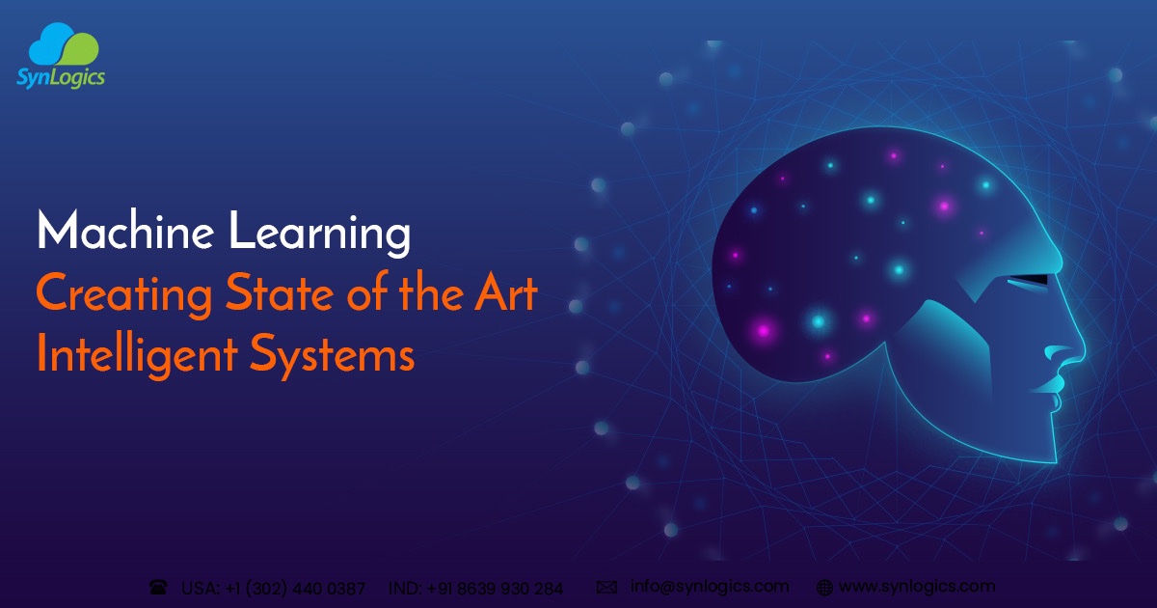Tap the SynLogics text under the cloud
point(60,78)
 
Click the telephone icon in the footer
point(158,587)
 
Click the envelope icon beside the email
point(606,586)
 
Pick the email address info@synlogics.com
point(710,586)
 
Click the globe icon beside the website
point(824,587)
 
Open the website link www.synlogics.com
point(916,586)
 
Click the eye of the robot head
point(1028,281)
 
